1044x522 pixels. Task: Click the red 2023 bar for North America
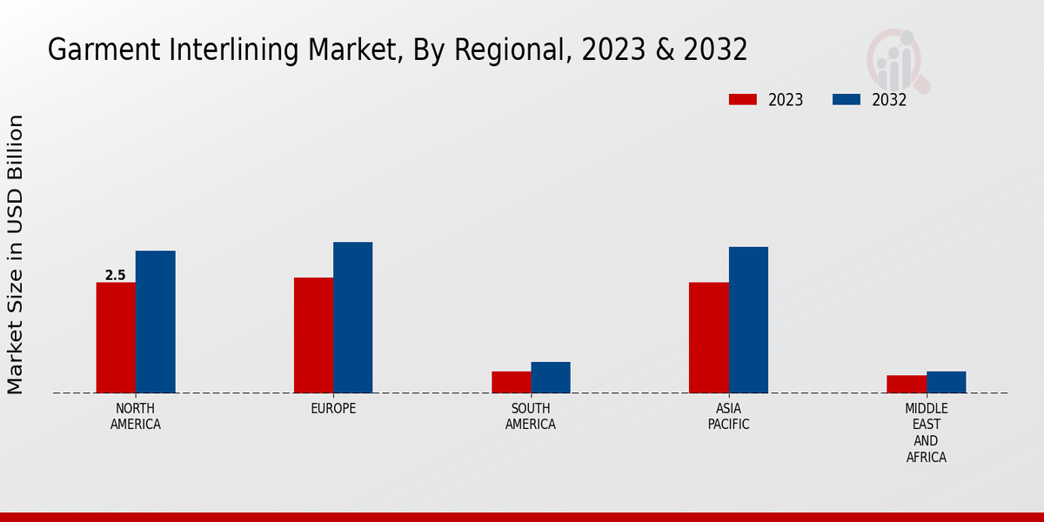coord(116,338)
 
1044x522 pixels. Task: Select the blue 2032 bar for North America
coord(155,322)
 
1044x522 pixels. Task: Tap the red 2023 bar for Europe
coord(313,335)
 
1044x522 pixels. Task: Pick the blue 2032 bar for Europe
coord(352,318)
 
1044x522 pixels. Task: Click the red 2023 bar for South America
coord(511,382)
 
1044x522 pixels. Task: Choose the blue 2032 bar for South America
coord(551,378)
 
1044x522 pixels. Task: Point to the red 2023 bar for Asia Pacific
coord(708,338)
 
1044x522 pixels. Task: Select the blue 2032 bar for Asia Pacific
coord(748,320)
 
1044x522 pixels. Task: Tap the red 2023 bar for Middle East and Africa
coord(906,384)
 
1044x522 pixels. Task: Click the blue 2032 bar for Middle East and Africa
coord(946,382)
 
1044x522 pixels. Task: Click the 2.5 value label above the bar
coord(115,276)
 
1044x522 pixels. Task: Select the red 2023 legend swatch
coord(743,99)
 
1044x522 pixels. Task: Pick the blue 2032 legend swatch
coord(847,99)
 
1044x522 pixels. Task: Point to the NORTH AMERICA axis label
coord(135,417)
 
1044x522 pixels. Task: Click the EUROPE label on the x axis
coord(333,409)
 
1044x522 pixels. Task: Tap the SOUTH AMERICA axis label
coord(531,417)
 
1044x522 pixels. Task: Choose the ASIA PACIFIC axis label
coord(728,417)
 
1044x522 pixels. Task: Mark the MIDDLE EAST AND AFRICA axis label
coord(926,432)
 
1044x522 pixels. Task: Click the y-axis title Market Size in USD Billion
coord(16,254)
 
